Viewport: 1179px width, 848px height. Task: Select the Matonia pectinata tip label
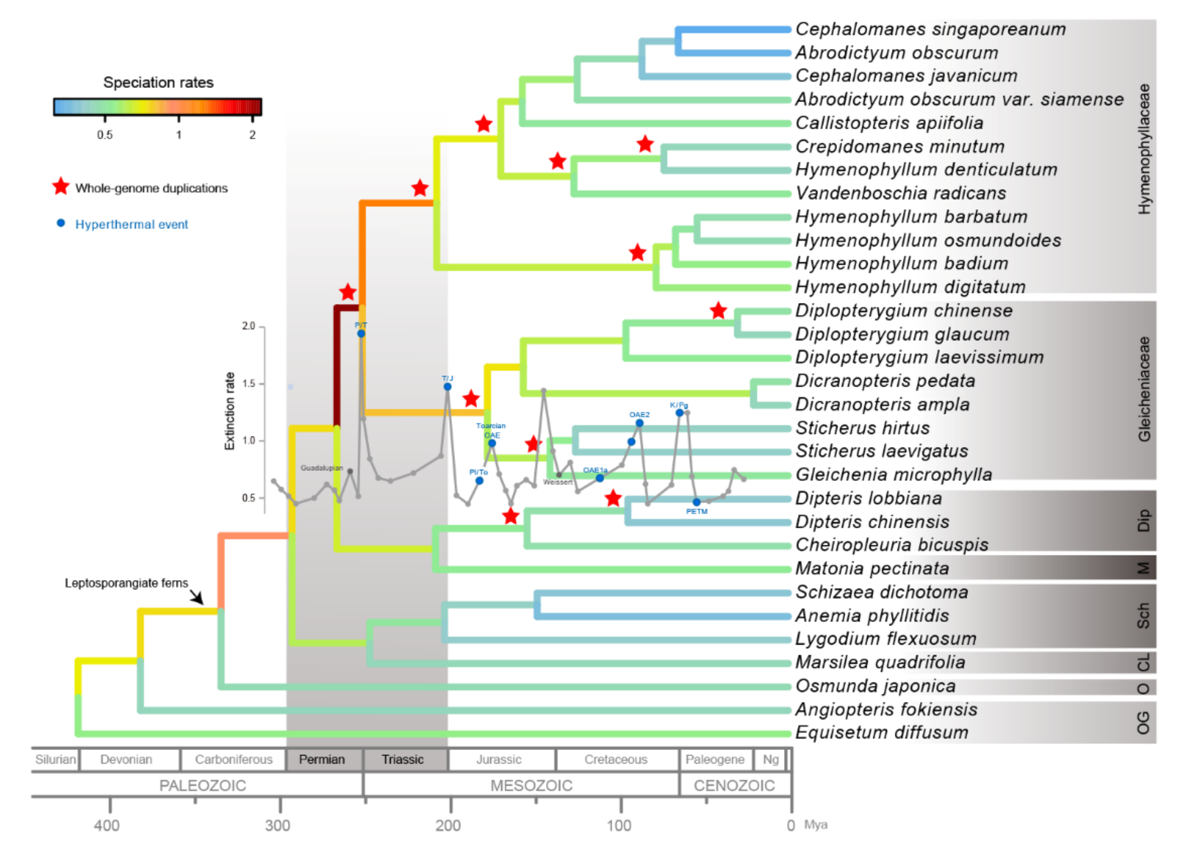pyautogui.click(x=872, y=569)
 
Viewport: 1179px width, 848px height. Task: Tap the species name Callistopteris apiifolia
pyautogui.click(x=889, y=123)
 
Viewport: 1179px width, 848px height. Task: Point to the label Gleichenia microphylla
pyautogui.click(x=893, y=474)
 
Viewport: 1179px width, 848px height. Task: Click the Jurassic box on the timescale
pyautogui.click(x=499, y=760)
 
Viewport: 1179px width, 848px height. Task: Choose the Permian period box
pyautogui.click(x=322, y=760)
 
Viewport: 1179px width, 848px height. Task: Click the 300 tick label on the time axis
pyautogui.click(x=278, y=826)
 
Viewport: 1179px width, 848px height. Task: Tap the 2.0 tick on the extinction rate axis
pyautogui.click(x=248, y=326)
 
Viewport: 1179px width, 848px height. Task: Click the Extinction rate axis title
pyautogui.click(x=229, y=411)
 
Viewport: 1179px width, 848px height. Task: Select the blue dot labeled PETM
pyautogui.click(x=697, y=502)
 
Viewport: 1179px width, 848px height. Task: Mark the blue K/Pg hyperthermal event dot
pyautogui.click(x=679, y=413)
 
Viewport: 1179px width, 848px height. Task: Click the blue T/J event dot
pyautogui.click(x=448, y=387)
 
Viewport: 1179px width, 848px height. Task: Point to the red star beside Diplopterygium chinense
pyautogui.click(x=718, y=311)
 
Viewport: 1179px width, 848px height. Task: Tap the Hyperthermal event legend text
pyautogui.click(x=131, y=224)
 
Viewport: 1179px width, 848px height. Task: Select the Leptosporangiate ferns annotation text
pyautogui.click(x=126, y=583)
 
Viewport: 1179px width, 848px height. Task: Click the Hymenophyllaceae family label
pyautogui.click(x=1144, y=149)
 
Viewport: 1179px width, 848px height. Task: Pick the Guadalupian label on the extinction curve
pyautogui.click(x=322, y=468)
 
